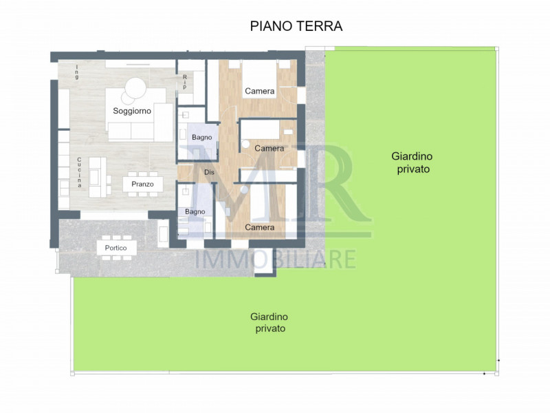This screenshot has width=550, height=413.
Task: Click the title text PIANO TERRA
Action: click(x=296, y=26)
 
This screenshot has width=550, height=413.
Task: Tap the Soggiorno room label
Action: click(x=133, y=111)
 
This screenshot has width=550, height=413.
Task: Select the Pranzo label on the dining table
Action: click(x=142, y=184)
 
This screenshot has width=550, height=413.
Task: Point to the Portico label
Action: click(x=115, y=248)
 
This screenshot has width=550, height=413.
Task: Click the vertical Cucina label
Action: click(x=80, y=172)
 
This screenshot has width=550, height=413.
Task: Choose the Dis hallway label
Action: click(x=209, y=172)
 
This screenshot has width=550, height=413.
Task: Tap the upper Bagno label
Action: click(x=201, y=138)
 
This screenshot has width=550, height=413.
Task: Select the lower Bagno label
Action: click(x=195, y=211)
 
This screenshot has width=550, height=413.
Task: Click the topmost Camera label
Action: click(x=260, y=91)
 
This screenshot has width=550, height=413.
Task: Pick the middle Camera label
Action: click(x=269, y=148)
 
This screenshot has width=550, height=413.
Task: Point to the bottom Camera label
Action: click(x=260, y=227)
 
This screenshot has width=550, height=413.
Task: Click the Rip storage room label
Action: click(x=185, y=82)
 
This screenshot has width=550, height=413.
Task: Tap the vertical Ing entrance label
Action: click(x=77, y=72)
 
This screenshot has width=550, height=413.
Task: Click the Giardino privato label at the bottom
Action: click(x=269, y=322)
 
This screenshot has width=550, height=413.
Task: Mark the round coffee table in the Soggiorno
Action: click(x=135, y=88)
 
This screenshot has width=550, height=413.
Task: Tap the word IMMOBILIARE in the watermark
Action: click(x=276, y=259)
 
